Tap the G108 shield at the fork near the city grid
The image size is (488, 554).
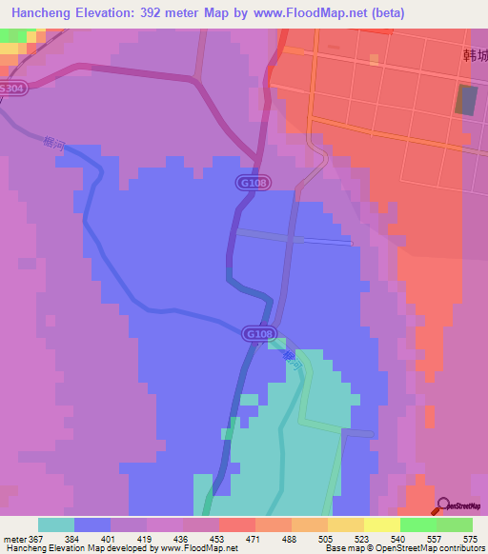250,181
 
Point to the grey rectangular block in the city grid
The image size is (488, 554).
467,101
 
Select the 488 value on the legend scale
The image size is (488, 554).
264,538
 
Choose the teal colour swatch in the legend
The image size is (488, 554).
56,524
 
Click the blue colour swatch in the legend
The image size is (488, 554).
92,524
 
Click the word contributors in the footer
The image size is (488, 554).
461,548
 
